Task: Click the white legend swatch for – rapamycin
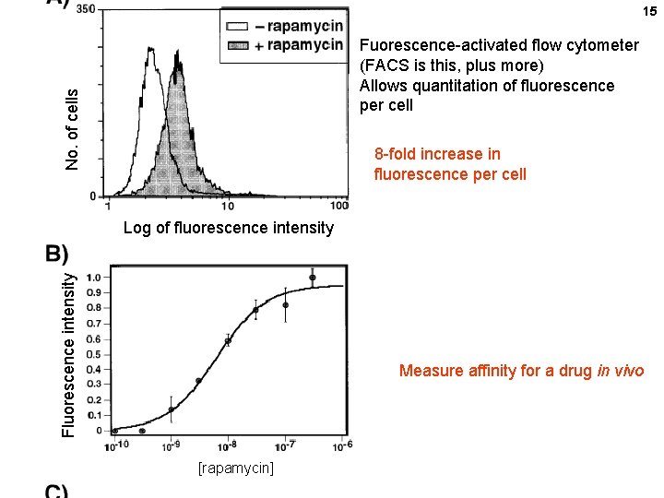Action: point(239,27)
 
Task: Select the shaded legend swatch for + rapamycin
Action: point(239,45)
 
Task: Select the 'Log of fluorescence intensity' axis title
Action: point(228,228)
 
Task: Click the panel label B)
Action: point(57,254)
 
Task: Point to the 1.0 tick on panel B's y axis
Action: point(93,277)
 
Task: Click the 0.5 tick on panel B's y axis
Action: point(93,354)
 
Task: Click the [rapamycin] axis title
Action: point(236,468)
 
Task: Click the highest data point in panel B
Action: point(313,278)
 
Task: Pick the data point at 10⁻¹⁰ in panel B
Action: point(114,430)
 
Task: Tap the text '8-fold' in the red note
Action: point(397,154)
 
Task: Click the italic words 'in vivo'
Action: point(626,371)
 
